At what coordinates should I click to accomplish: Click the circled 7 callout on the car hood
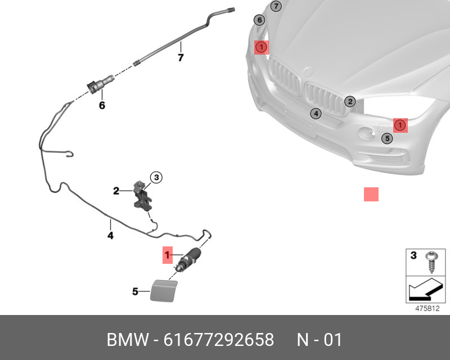pos(276,7)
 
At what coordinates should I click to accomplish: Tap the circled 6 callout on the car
pos(259,20)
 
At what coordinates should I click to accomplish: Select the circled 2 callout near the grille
pos(350,101)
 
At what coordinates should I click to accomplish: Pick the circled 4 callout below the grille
pos(316,114)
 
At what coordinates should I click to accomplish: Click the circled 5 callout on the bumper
pos(387,138)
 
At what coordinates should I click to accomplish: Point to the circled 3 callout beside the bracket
pos(156,178)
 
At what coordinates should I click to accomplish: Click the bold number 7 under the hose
pos(181,57)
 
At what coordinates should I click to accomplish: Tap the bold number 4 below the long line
pos(110,236)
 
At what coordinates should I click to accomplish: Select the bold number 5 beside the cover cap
pos(135,291)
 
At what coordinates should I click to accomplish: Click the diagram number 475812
pos(427,308)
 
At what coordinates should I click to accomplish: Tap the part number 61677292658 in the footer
pos(218,340)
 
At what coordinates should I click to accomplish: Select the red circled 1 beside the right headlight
pos(399,124)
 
